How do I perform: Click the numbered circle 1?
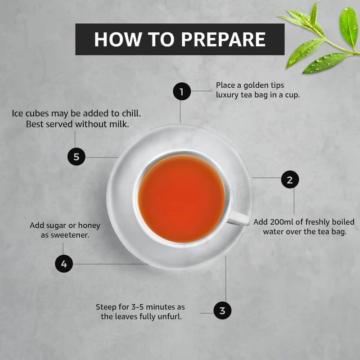[182, 91]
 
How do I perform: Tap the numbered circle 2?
[290, 179]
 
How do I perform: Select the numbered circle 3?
[222, 310]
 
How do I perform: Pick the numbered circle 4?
[64, 264]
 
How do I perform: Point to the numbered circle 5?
[76, 157]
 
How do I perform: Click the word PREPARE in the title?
[223, 39]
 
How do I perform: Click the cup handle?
[239, 218]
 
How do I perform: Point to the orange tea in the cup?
[182, 198]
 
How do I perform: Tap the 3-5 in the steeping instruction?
[138, 307]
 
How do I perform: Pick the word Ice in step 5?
[18, 113]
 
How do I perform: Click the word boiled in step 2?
[343, 222]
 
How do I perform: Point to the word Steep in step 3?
[106, 307]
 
